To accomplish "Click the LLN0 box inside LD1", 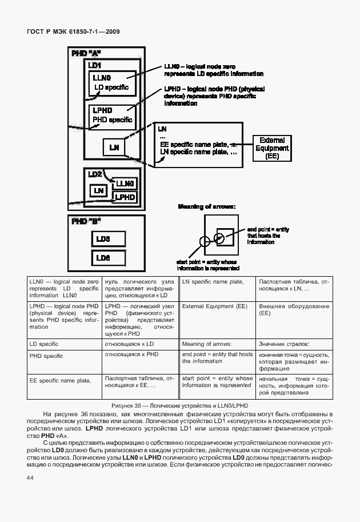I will click(112, 83).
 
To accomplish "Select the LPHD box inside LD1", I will click(112, 115).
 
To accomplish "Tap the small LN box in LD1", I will click(114, 148).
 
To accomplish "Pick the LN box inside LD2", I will click(98, 189).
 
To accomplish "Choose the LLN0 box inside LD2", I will click(125, 184).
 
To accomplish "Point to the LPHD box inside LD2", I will click(125, 197).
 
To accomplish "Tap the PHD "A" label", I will click(85, 54).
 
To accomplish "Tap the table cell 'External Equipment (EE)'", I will click(214, 307).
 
